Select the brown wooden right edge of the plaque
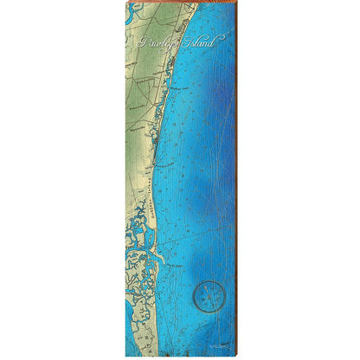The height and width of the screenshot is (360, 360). (234, 173)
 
